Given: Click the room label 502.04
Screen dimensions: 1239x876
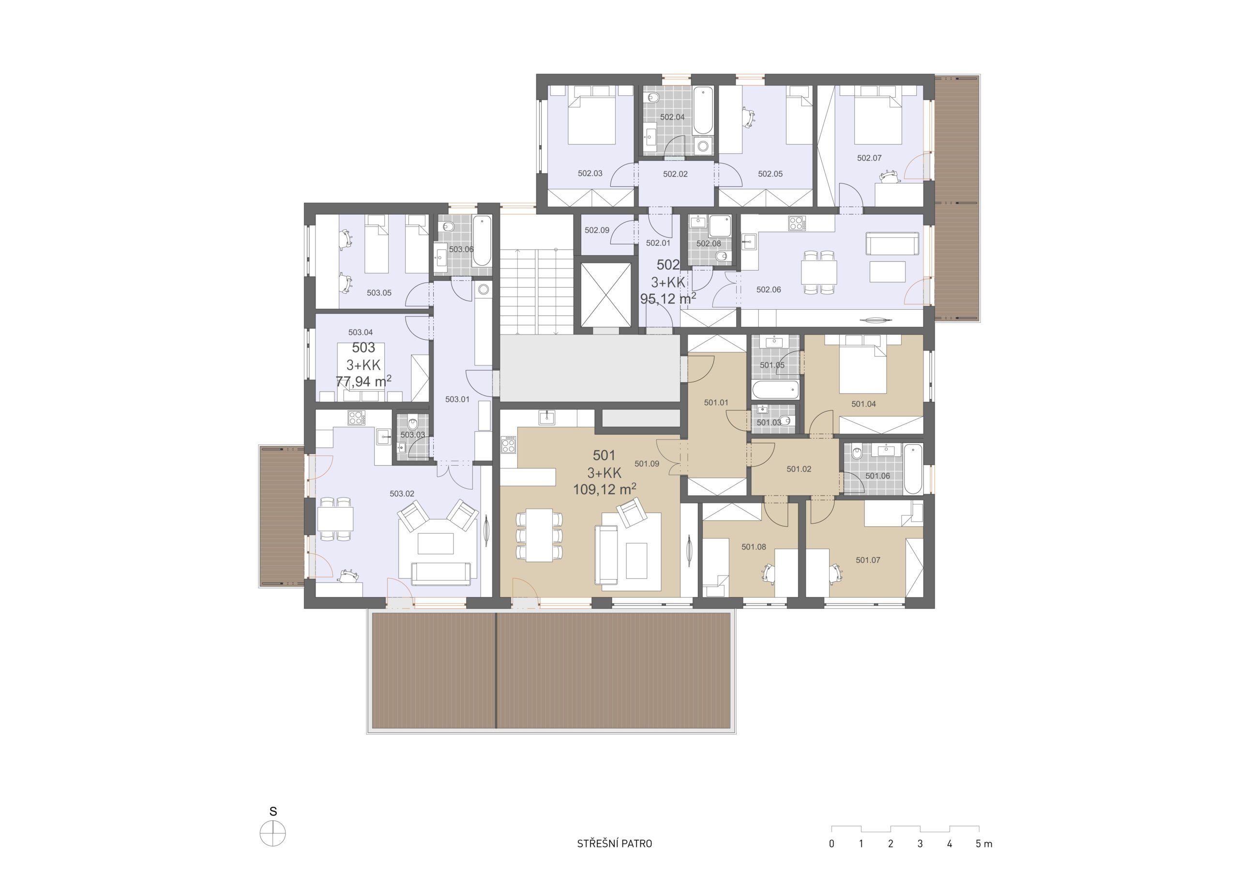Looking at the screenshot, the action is (672, 117).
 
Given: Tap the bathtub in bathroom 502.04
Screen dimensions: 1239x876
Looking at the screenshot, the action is (703, 110).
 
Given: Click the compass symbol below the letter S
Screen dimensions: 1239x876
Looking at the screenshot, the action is (272, 834).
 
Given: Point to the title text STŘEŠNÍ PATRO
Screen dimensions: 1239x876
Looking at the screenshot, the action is (614, 844).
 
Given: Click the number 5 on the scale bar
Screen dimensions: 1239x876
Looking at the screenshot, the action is (978, 844).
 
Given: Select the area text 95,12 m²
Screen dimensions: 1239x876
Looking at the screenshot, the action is (668, 299).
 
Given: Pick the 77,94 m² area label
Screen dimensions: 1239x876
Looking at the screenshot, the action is (363, 381).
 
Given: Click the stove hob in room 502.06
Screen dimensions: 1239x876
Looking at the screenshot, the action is (797, 223).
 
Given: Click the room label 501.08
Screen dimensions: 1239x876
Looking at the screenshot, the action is (754, 547).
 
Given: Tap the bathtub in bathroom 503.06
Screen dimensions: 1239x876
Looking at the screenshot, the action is (482, 241).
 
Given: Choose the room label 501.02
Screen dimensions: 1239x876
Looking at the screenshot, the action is (799, 469).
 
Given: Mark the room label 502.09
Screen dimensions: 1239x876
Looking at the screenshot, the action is (597, 230).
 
